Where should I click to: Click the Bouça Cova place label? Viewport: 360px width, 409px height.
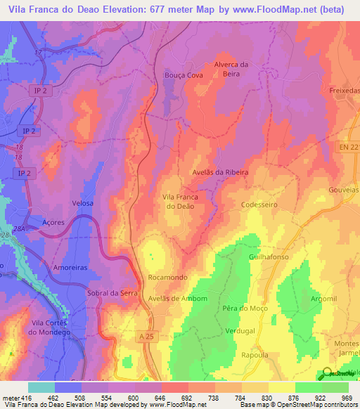point(183,75)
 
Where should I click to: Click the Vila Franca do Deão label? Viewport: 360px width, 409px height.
point(180,202)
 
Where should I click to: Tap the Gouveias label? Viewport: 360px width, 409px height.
point(343,190)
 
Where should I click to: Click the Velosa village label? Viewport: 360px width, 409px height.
point(83,202)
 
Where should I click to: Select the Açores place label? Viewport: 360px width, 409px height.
point(53,222)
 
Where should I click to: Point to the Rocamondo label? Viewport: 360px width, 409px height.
point(167,278)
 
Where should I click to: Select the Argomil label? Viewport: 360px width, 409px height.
point(323,299)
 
